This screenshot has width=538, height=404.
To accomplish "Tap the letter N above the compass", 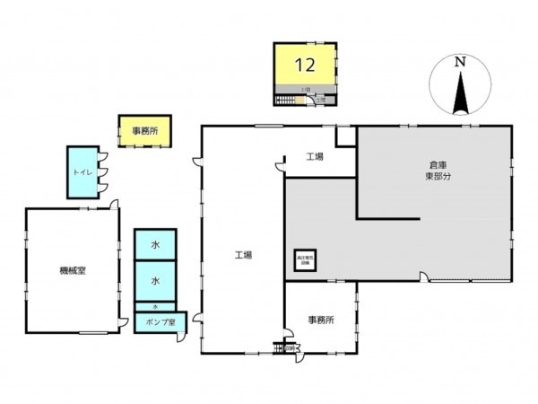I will pyautogui.click(x=458, y=62).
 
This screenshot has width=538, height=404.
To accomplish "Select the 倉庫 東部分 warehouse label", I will pyautogui.click(x=438, y=171).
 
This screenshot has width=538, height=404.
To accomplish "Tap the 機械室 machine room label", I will pyautogui.click(x=72, y=271).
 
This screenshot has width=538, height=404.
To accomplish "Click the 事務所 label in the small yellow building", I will pyautogui.click(x=145, y=131).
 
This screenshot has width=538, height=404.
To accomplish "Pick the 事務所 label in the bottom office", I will pyautogui.click(x=320, y=320).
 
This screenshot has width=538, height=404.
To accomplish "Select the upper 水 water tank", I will pyautogui.click(x=155, y=244).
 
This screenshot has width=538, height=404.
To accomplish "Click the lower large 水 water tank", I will pyautogui.click(x=155, y=281).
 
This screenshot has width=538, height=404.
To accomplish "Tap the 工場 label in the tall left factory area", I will pyautogui.click(x=243, y=255).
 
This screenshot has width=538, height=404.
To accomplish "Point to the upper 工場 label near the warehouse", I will pyautogui.click(x=314, y=157).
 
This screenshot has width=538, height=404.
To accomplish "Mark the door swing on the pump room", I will pyautogui.click(x=183, y=337).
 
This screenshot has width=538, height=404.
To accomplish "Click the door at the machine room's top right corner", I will pyautogui.click(x=115, y=205).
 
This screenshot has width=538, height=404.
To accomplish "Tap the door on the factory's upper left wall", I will pyautogui.click(x=197, y=162).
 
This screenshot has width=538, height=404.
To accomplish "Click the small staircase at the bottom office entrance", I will pyautogui.click(x=279, y=347).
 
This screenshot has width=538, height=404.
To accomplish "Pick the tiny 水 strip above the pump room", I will pyautogui.click(x=155, y=307).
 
